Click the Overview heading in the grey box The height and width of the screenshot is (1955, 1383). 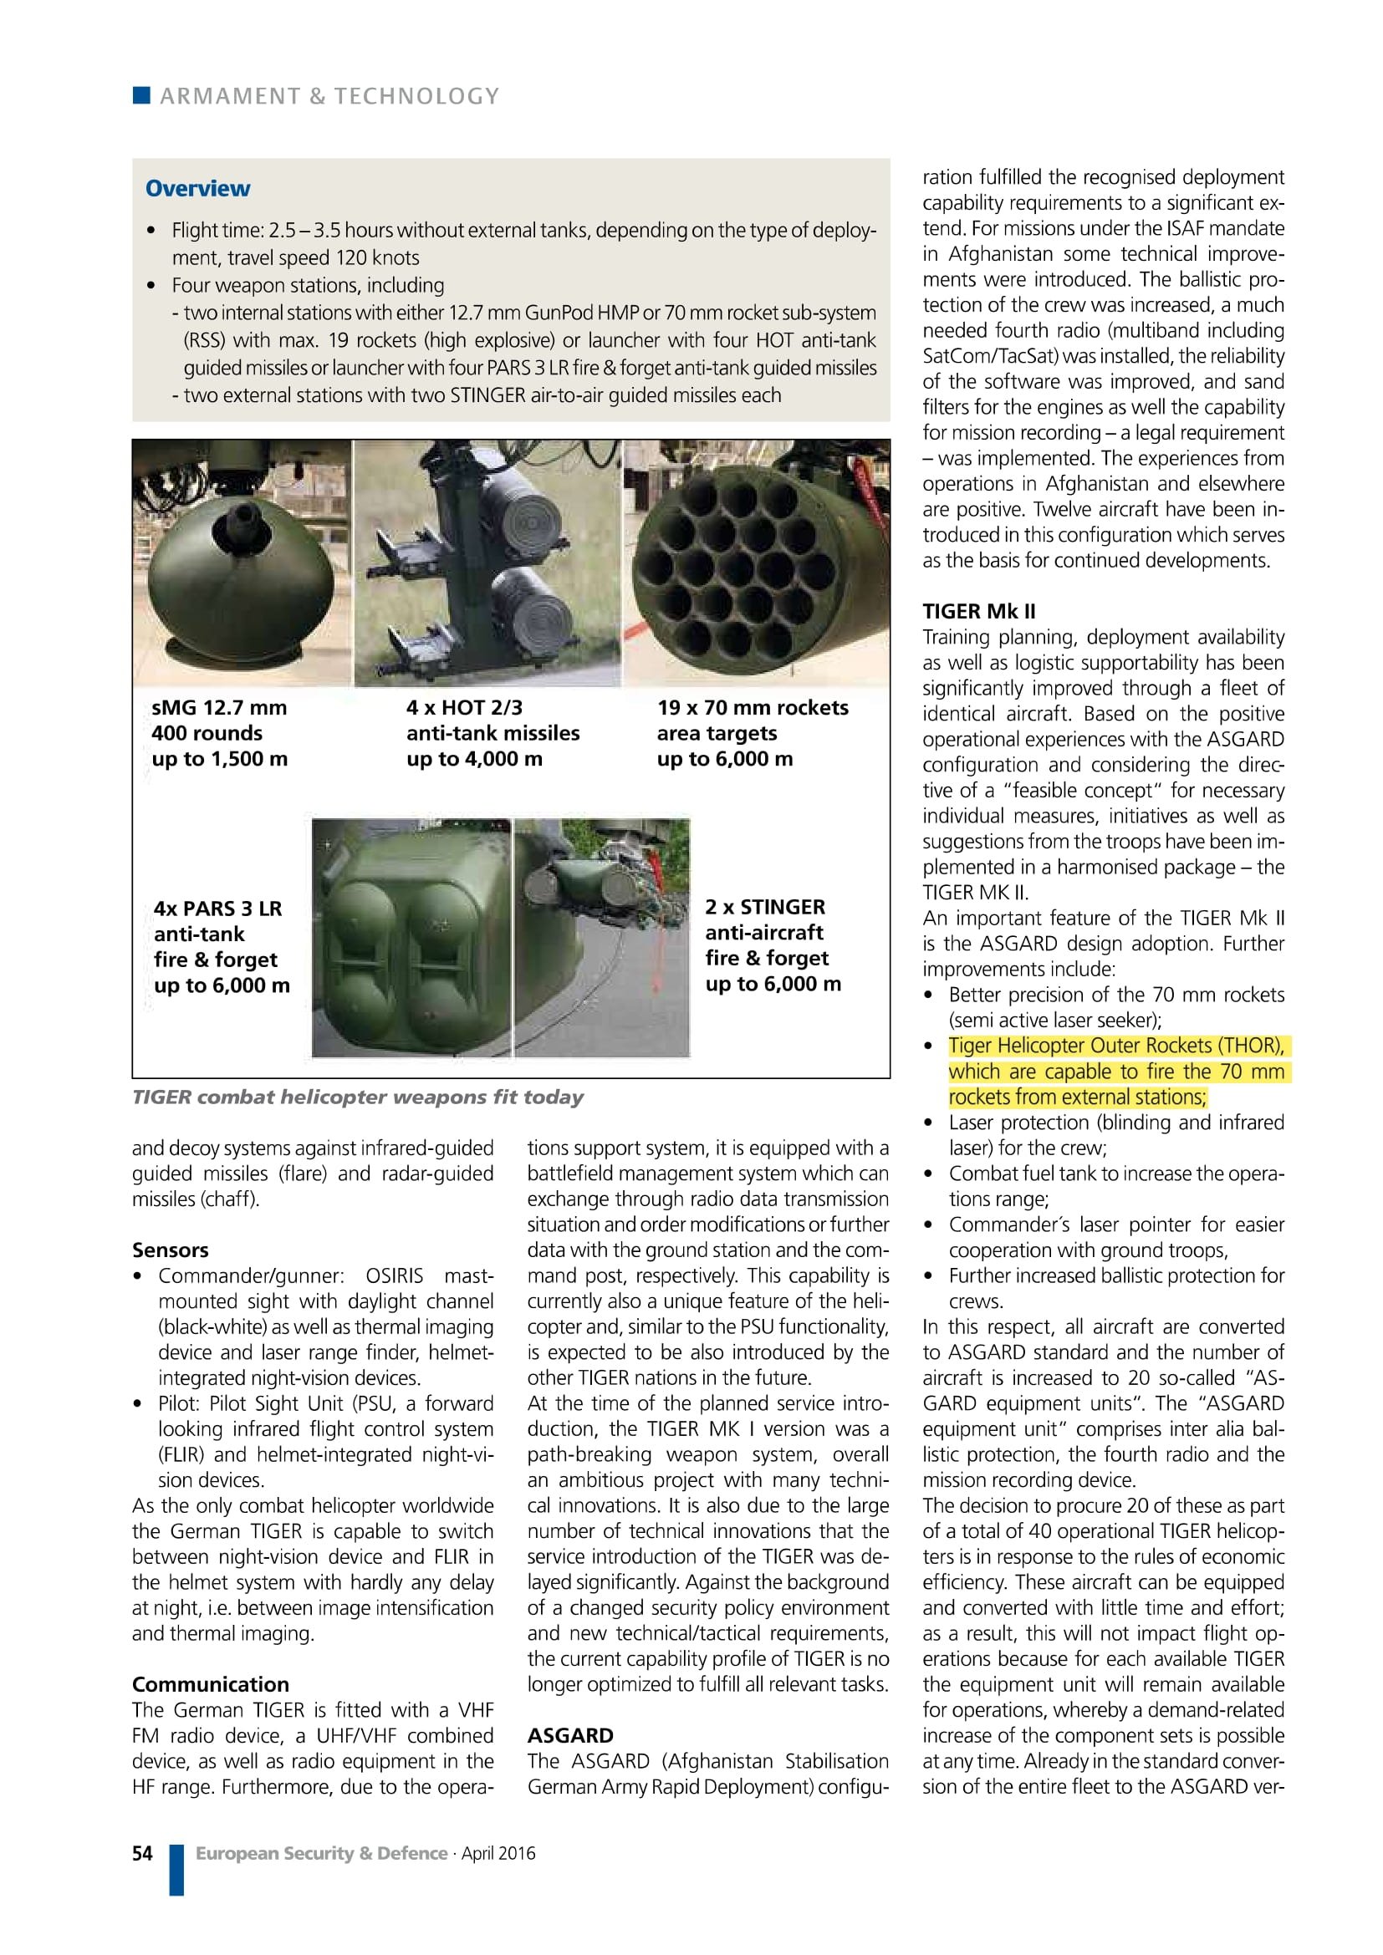click(197, 188)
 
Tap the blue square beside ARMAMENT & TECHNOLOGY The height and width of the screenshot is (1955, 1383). click(141, 94)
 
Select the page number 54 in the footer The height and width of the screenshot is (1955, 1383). click(142, 1853)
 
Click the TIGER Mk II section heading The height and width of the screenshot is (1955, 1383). click(978, 611)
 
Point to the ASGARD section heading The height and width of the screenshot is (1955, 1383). click(569, 1735)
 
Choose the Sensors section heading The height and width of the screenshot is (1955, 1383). click(171, 1250)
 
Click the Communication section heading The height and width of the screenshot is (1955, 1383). click(211, 1684)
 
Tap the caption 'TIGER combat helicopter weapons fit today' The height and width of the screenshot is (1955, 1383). click(358, 1097)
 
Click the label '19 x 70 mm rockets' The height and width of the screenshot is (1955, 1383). click(753, 708)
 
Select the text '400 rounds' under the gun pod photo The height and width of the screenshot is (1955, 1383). click(207, 733)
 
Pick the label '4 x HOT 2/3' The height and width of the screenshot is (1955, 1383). click(464, 708)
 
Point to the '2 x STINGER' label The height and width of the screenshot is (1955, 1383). click(765, 907)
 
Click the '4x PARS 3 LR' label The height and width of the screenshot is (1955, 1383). click(218, 909)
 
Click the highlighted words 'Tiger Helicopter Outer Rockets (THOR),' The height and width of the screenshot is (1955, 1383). click(1115, 1046)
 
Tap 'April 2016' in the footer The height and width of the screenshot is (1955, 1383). click(499, 1853)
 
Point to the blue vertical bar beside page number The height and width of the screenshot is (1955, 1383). click(176, 1870)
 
